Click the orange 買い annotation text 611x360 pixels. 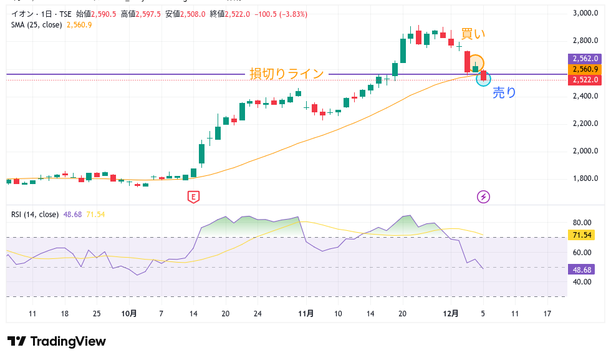point(473,34)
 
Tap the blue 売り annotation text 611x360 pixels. point(504,93)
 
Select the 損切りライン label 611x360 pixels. point(287,74)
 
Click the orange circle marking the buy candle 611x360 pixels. point(476,63)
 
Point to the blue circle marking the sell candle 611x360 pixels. point(483,79)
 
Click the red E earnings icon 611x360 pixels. point(193,197)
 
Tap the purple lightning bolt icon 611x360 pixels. point(483,197)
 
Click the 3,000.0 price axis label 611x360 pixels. point(585,13)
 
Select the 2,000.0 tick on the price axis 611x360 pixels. point(585,151)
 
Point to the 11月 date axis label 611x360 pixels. point(306,314)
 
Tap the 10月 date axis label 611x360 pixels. point(129,314)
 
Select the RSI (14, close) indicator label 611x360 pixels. point(35,214)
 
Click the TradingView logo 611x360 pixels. point(57,341)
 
